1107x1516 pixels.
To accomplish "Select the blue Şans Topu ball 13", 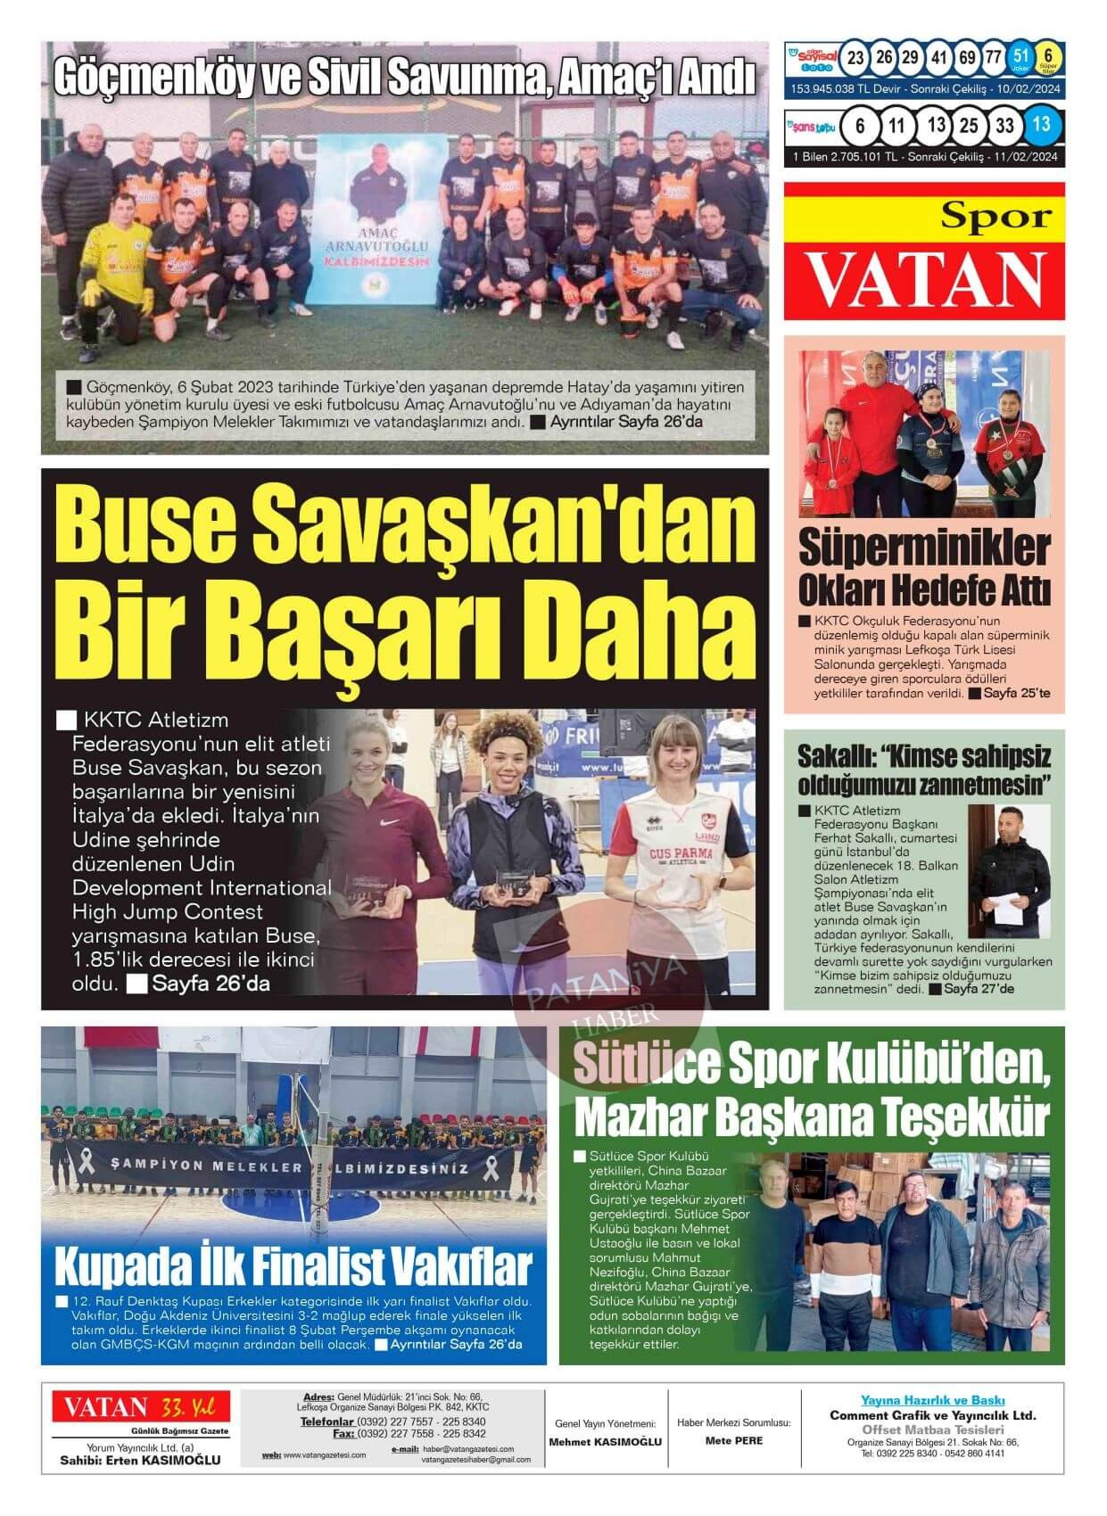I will (1041, 125).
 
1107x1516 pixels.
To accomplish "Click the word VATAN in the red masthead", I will (925, 277).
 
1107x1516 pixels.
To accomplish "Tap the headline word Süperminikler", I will (923, 548).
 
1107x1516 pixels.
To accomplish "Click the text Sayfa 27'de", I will (979, 988).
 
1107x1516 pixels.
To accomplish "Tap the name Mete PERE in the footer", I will (733, 1440).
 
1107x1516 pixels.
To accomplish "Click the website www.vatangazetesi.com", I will (324, 1455).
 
